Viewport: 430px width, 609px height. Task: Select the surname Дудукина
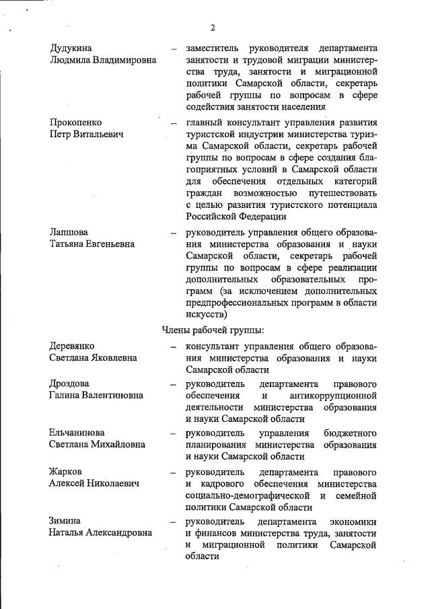[71, 48]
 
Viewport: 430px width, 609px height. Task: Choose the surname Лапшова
[69, 232]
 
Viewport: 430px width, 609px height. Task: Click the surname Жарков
[65, 472]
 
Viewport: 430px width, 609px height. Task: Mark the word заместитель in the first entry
[213, 48]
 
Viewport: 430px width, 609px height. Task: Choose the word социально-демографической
[245, 496]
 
